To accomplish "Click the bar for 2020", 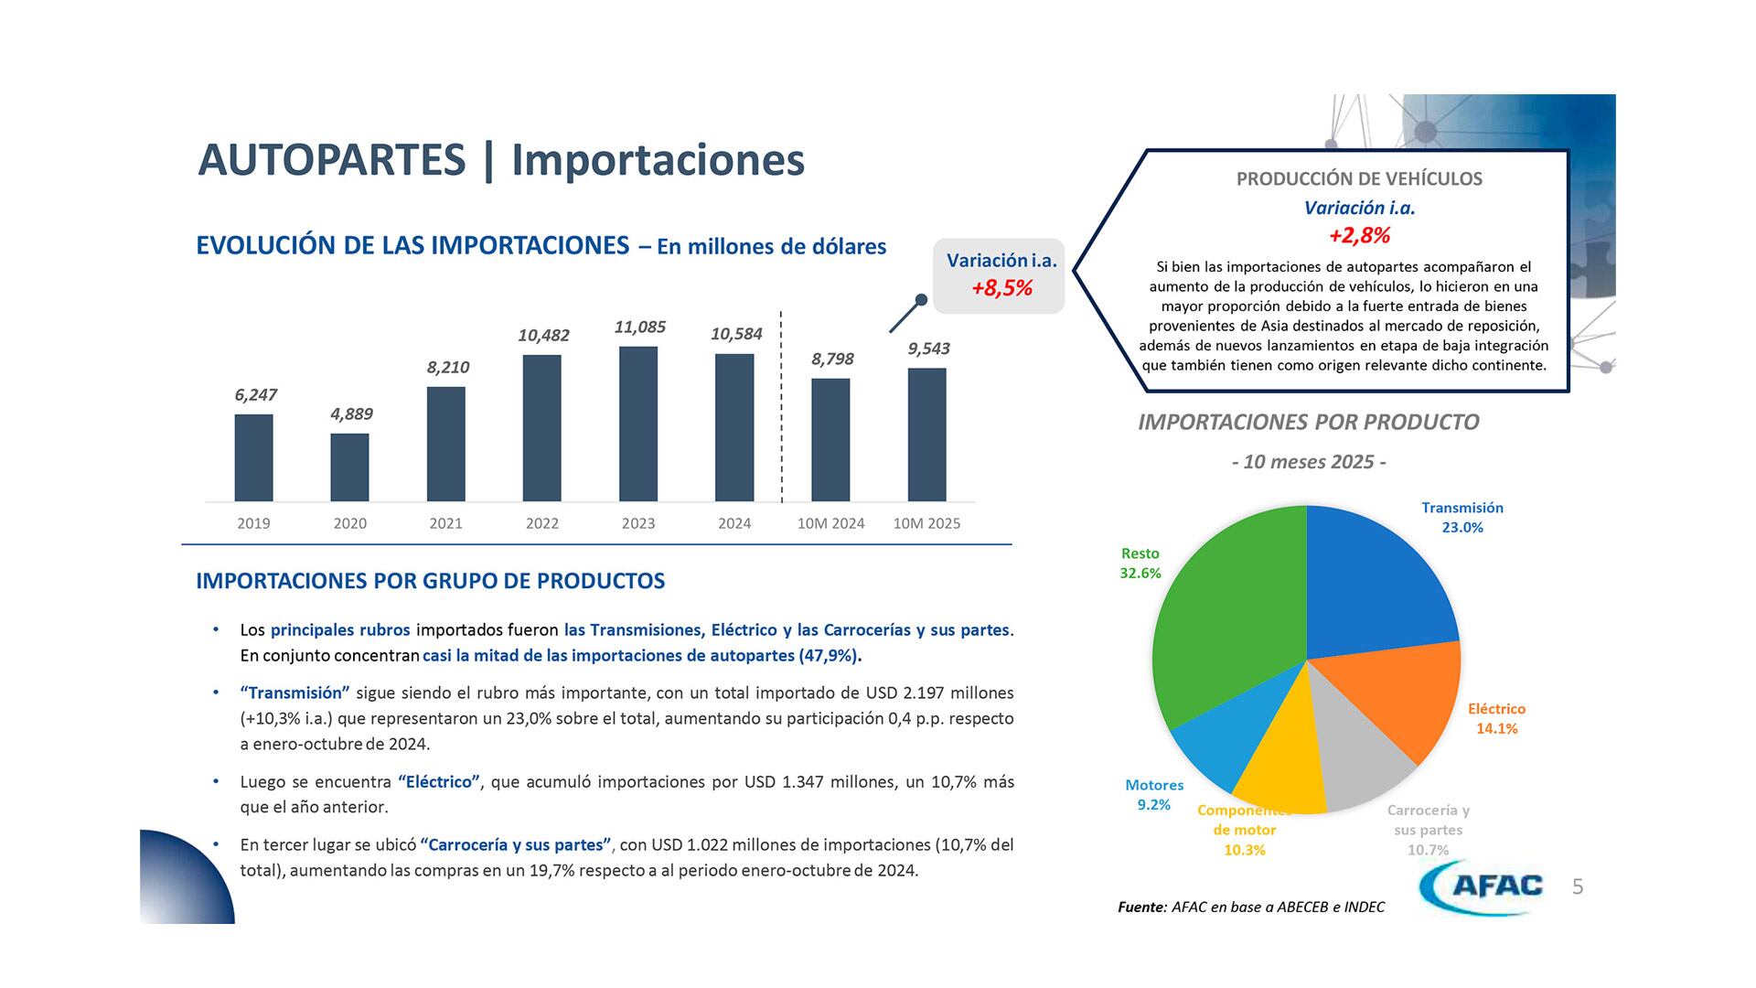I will [349, 467].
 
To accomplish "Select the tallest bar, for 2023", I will [637, 424].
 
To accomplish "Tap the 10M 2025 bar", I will [926, 435].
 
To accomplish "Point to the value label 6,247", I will [255, 395].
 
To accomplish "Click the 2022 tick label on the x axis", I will [541, 523].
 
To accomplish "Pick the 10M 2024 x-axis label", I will [830, 523].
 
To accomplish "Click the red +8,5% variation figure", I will [1001, 288].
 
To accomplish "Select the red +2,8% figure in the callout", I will [1359, 235].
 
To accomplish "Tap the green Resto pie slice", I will [1216, 622].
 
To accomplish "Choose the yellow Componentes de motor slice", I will [1280, 768].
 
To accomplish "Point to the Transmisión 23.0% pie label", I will [1462, 518].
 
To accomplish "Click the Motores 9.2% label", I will [1153, 795].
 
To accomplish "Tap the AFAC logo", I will [1482, 886].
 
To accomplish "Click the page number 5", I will [1578, 886].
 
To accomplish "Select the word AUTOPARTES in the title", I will [331, 160].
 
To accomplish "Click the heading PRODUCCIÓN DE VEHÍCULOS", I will [1359, 179].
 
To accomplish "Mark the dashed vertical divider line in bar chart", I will [781, 407].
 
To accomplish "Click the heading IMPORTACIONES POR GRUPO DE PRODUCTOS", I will [430, 581].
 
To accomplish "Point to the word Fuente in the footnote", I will [1141, 907].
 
